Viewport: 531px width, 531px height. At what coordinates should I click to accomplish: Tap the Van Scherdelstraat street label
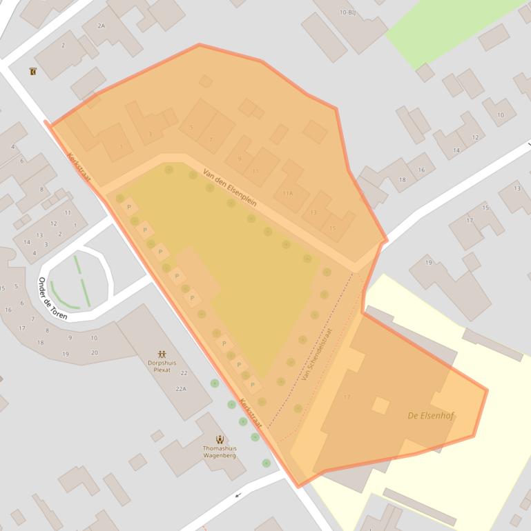pos(317,354)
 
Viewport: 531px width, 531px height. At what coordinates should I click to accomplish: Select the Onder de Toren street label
pos(52,298)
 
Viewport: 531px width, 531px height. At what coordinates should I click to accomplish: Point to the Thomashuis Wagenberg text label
pos(220,452)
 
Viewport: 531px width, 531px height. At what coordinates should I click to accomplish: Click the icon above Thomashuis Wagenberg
pos(220,439)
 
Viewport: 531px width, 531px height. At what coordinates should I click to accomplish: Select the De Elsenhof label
pos(431,416)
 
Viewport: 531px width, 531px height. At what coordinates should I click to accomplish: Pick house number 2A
pos(102,26)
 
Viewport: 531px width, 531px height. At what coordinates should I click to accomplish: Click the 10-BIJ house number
pos(347,12)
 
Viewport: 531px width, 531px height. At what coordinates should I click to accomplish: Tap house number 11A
pos(287,193)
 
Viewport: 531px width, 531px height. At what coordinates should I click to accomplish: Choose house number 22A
pos(181,389)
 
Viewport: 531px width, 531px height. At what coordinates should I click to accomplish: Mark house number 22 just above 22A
pos(184,373)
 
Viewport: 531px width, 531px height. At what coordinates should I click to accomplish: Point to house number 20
pos(95,352)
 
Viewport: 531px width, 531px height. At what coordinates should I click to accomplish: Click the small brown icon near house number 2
pos(32,71)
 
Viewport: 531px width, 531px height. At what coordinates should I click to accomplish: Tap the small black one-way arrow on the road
pos(239,494)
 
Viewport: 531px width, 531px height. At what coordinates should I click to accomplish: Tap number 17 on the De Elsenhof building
pos(347,397)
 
